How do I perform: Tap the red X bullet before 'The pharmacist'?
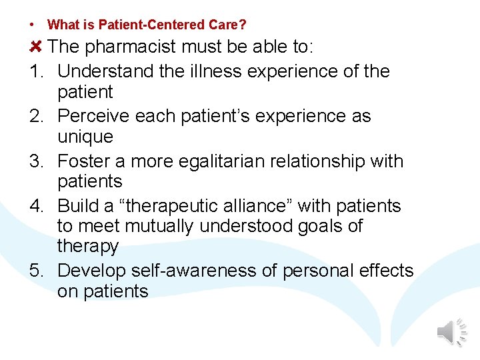click(36, 47)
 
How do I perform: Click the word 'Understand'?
click(106, 71)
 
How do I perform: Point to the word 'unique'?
click(85, 137)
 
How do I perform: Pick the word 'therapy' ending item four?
click(88, 247)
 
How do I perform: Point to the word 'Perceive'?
click(93, 116)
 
